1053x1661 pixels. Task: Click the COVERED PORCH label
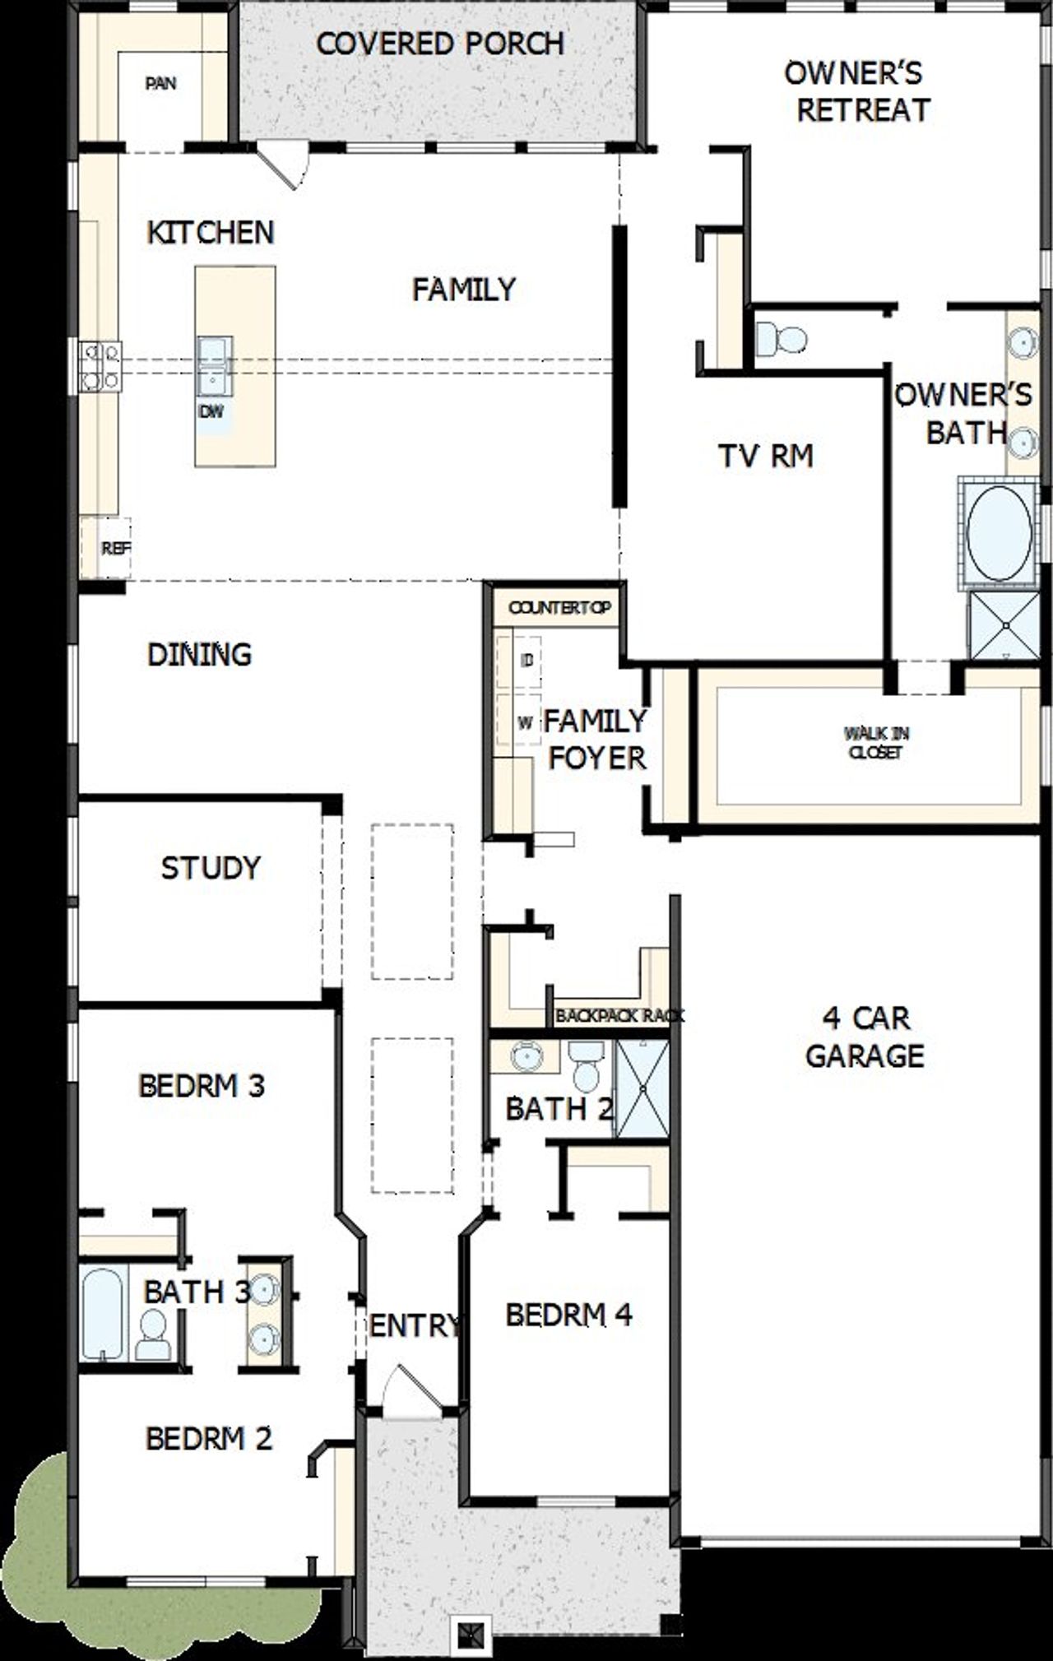click(x=440, y=44)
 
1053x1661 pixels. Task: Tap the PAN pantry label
click(x=160, y=83)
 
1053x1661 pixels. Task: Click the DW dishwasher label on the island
click(x=211, y=412)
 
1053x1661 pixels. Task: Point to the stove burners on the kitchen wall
click(x=100, y=366)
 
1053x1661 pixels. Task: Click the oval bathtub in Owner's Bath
click(x=999, y=533)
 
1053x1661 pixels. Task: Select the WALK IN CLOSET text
click(x=876, y=742)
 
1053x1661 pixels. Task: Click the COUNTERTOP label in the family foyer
click(x=559, y=608)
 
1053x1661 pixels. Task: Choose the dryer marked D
click(x=526, y=659)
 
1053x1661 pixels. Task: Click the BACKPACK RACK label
click(x=619, y=1016)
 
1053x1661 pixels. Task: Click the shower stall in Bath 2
click(x=642, y=1088)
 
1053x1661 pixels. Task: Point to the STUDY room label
click(x=211, y=867)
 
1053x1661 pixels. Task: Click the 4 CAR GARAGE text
click(x=865, y=1037)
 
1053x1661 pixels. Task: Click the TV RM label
click(x=765, y=456)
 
